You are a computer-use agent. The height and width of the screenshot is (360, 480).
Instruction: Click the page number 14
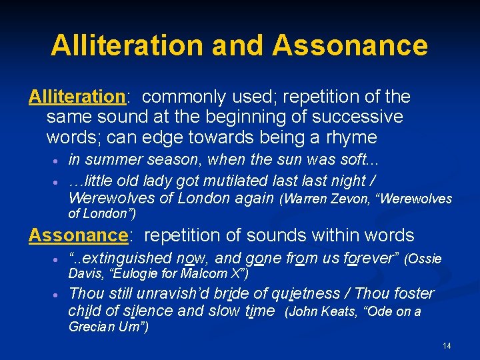(x=447, y=346)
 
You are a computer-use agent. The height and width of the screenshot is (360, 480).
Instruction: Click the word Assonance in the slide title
(x=350, y=45)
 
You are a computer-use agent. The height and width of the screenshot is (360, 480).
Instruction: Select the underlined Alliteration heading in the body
(x=77, y=97)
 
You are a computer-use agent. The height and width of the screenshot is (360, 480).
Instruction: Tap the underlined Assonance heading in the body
(x=78, y=235)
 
